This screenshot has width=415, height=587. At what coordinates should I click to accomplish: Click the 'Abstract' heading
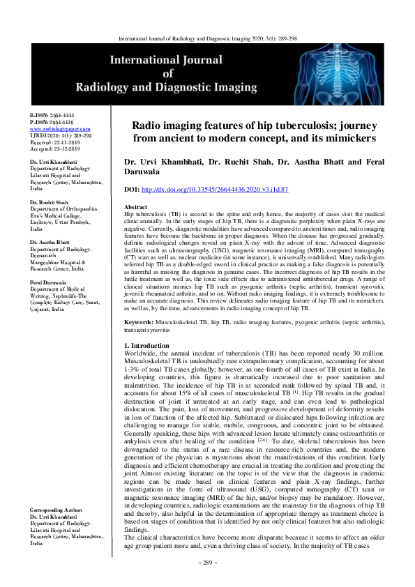135,208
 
